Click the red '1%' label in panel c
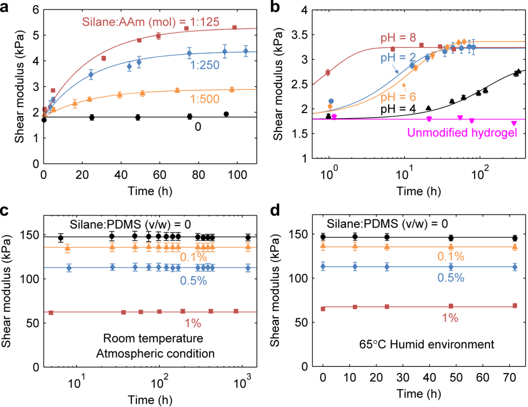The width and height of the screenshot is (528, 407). pos(193,324)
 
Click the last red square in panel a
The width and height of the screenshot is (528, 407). pos(235,28)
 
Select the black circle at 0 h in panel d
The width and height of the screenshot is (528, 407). pos(323,237)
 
